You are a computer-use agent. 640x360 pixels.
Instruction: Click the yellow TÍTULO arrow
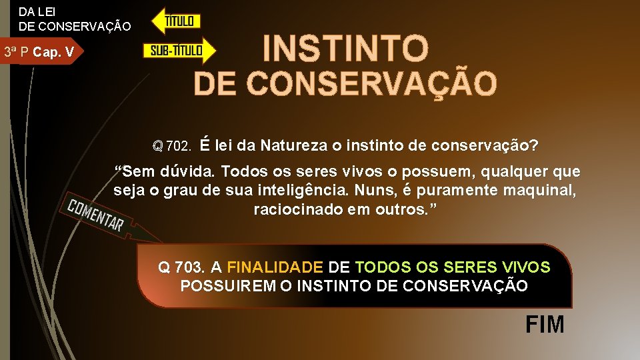pyautogui.click(x=176, y=21)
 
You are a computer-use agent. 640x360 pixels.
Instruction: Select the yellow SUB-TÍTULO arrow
pyautogui.click(x=179, y=51)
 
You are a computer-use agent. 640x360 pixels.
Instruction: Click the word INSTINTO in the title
pyautogui.click(x=345, y=48)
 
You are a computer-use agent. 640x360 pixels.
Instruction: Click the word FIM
pyautogui.click(x=545, y=325)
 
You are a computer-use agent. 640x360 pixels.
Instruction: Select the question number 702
pyautogui.click(x=179, y=145)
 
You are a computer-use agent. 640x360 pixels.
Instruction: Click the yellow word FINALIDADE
pyautogui.click(x=274, y=267)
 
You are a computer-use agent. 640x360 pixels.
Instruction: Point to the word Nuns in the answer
pyautogui.click(x=388, y=191)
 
